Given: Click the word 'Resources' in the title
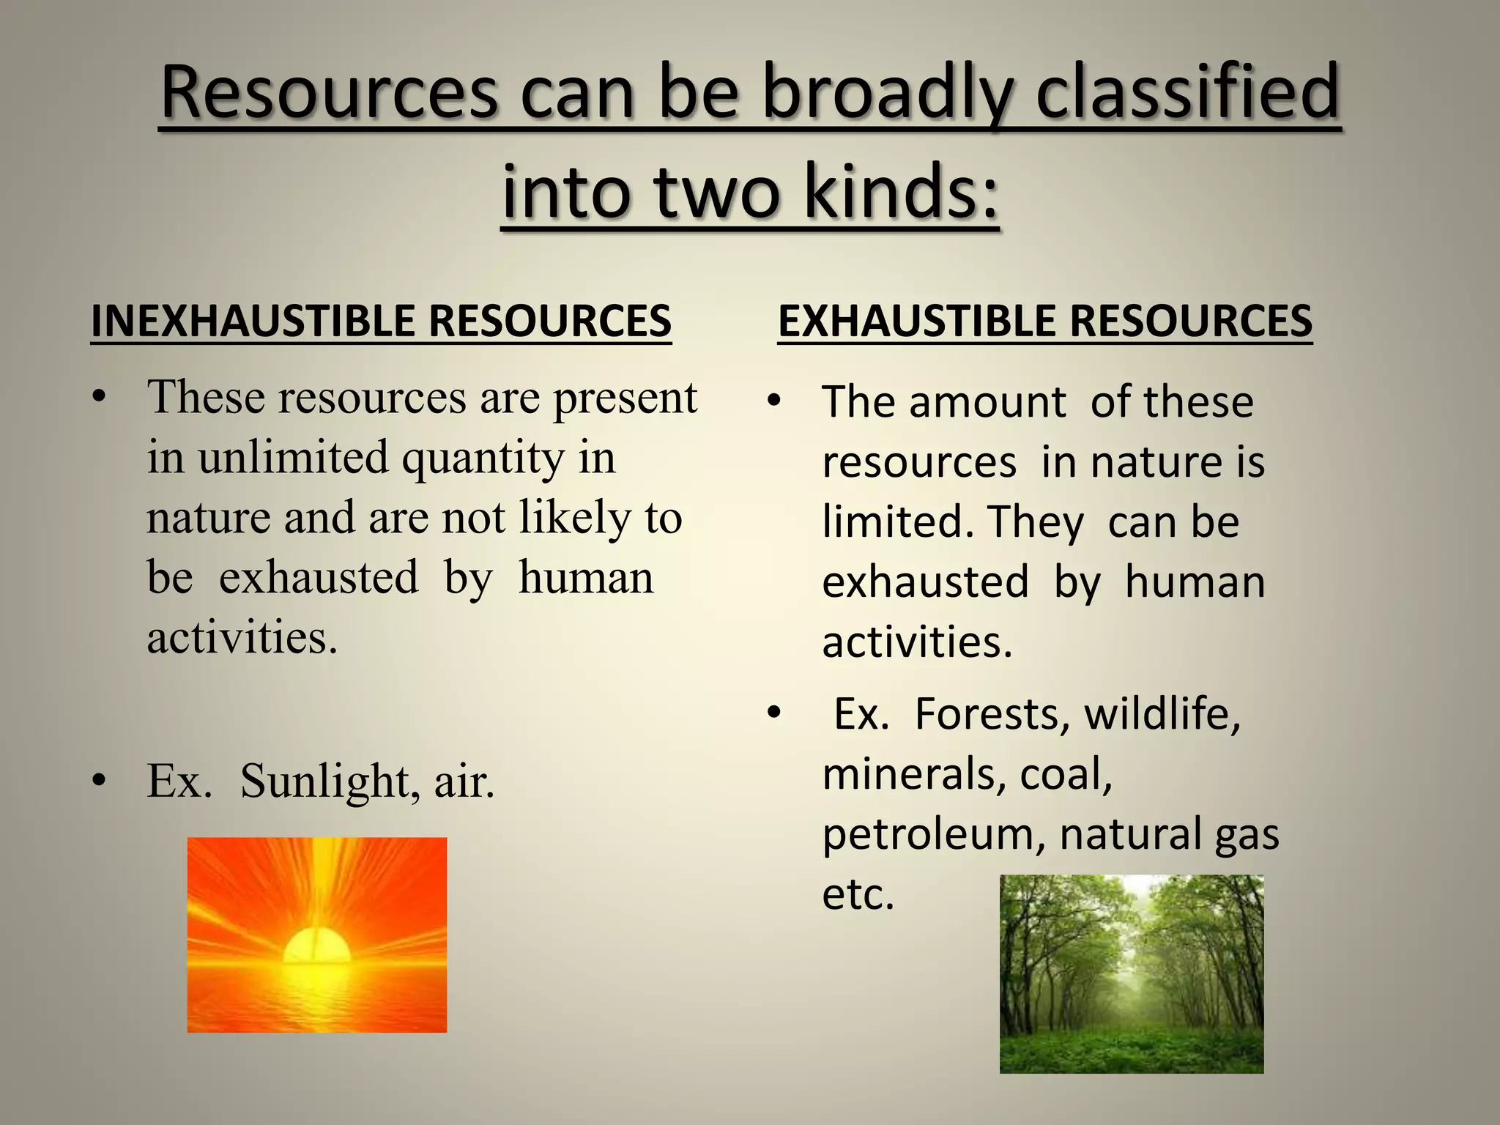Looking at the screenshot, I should click(329, 94).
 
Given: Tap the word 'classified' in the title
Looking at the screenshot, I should click(1187, 94).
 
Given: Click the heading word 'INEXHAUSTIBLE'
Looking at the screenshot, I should click(252, 321).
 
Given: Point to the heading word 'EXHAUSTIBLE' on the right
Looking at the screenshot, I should click(916, 321).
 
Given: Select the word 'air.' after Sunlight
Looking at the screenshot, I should click(464, 781).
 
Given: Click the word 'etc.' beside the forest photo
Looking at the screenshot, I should click(858, 894).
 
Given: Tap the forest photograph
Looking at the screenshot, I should click(1131, 974).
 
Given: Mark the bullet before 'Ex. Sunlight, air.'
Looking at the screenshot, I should click(100, 781).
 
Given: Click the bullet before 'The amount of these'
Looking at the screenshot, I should click(774, 402).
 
